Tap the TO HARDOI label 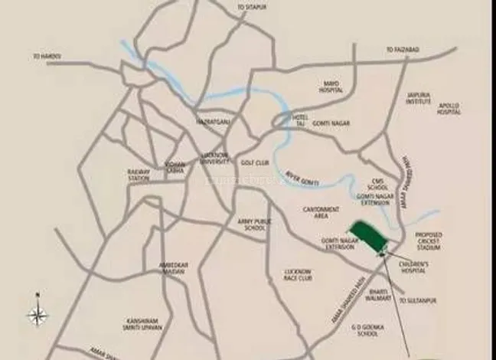[x=47, y=56]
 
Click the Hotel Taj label [x=303, y=120]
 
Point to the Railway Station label [x=139, y=175]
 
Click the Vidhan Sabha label [x=175, y=169]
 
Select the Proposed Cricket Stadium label [x=430, y=242]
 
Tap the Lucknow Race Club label [x=296, y=275]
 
